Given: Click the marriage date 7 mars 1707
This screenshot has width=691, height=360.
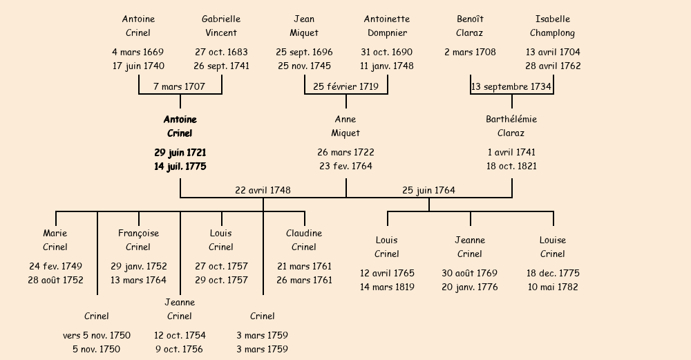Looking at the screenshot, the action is (x=180, y=86).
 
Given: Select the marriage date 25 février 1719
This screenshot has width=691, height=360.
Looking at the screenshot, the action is (x=346, y=86).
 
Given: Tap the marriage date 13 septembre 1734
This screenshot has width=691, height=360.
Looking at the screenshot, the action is (x=511, y=87).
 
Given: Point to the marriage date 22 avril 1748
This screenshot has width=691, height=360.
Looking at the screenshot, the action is (x=263, y=190).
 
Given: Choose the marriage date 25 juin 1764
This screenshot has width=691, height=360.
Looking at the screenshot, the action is (x=429, y=190).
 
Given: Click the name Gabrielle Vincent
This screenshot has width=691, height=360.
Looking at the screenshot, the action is (x=221, y=26).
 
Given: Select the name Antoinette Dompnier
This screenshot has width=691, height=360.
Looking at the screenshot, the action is (x=387, y=26).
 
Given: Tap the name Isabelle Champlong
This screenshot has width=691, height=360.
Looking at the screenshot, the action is (x=553, y=26).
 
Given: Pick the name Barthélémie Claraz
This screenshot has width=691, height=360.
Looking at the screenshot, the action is (x=511, y=126).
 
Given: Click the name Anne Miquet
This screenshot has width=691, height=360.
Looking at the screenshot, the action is (x=345, y=126).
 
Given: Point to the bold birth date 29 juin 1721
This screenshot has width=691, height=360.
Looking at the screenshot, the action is (x=180, y=153).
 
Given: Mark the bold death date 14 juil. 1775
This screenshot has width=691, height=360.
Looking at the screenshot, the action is (x=180, y=167).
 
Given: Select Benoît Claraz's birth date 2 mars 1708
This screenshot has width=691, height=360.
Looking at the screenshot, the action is (x=470, y=52).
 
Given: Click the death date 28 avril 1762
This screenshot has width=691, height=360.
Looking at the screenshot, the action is (x=553, y=66).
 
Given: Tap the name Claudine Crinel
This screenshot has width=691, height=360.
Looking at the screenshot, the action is (x=304, y=240).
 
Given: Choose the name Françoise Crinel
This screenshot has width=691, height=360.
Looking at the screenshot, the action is (x=138, y=240).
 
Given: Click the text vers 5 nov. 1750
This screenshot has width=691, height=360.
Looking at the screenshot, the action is (x=97, y=335).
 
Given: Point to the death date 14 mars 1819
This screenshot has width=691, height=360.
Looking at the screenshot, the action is (x=387, y=287).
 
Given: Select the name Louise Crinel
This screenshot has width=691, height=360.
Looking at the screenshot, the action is (x=553, y=247).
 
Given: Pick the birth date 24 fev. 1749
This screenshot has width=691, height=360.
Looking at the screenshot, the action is (x=55, y=266).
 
